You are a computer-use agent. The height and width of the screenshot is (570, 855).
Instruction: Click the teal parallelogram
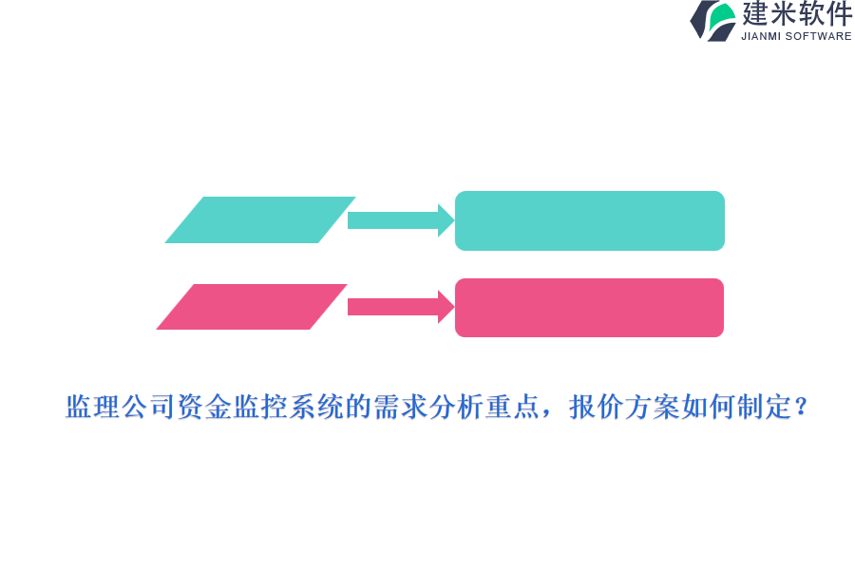260,219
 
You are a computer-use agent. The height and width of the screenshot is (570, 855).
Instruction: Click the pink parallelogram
252,307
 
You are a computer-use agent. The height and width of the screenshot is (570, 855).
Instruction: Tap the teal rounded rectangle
589,220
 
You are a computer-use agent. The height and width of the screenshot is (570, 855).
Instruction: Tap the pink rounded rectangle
589,308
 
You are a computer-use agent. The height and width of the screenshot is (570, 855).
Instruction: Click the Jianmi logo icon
713,21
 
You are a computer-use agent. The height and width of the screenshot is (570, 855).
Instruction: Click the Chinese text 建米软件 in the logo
797,14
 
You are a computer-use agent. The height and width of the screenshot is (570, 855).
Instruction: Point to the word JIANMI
762,36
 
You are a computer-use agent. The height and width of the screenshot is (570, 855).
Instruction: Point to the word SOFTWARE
818,36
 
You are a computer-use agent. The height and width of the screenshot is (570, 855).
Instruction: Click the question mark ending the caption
801,408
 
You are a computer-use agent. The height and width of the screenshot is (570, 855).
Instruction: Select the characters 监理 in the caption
92,408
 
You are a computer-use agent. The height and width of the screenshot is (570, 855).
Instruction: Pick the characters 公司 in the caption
148,408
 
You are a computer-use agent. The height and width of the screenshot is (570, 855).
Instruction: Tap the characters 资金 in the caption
204,408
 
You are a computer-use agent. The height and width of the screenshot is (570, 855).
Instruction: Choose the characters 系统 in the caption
316,408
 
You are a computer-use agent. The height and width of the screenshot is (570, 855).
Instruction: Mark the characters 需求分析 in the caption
428,408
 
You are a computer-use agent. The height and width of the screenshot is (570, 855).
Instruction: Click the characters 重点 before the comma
512,408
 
